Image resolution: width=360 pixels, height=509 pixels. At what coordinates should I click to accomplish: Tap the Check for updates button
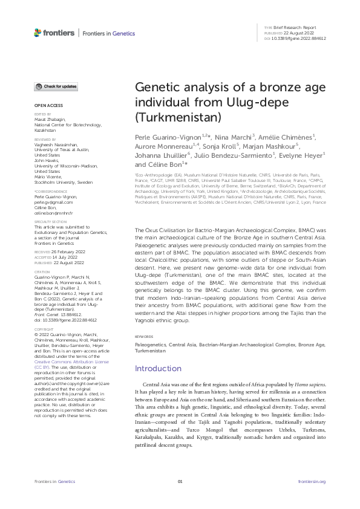pyautogui.click(x=55, y=86)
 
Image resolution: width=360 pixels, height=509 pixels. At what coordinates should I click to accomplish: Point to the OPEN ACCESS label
pyautogui.click(x=44, y=105)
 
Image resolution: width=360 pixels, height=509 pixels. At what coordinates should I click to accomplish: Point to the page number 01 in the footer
pyautogui.click(x=180, y=481)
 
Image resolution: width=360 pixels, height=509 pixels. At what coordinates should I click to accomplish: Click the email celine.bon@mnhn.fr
pyautogui.click(x=53, y=214)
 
